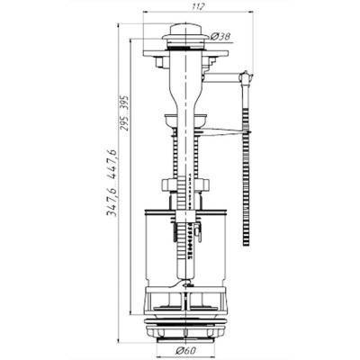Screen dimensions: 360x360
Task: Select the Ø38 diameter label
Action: [x=220, y=37]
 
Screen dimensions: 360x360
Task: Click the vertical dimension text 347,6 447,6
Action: [x=112, y=183]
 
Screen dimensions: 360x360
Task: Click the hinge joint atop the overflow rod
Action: [x=246, y=76]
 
